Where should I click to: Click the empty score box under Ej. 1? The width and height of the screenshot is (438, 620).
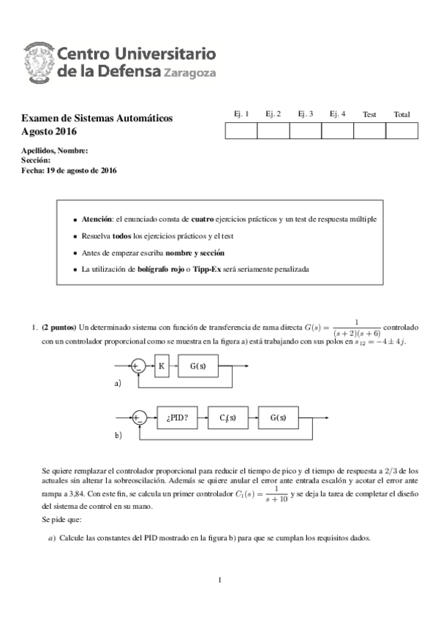[x=241, y=131]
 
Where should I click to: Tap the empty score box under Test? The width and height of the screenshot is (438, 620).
[x=369, y=131]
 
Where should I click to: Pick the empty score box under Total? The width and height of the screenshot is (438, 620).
[x=401, y=131]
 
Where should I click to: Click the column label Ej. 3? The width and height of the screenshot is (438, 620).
[x=306, y=114]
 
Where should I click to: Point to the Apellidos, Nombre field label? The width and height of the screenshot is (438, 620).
[x=55, y=151]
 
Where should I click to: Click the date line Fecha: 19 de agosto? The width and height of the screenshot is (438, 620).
[x=69, y=170]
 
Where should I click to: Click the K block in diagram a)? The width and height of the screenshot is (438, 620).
[x=162, y=366]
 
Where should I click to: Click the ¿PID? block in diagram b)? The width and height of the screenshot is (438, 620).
[x=178, y=418]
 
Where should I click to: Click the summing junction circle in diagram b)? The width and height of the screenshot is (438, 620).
[x=139, y=418]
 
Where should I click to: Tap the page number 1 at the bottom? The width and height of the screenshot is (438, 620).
[x=219, y=581]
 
